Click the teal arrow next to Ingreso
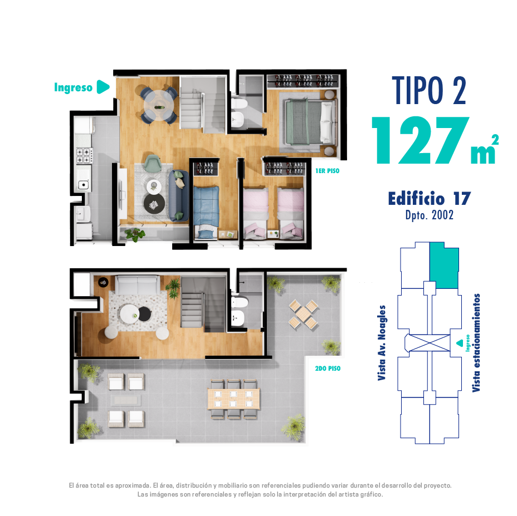click(103, 87)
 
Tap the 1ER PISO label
click(327, 171)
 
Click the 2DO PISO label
click(328, 368)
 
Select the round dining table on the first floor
click(159, 105)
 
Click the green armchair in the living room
click(152, 163)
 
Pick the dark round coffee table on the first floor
click(154, 204)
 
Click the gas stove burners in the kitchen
click(84, 155)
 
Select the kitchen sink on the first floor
click(83, 185)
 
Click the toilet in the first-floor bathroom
click(239, 104)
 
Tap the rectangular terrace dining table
click(233, 399)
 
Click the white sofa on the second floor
click(138, 286)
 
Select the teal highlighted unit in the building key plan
click(444, 266)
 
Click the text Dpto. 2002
click(430, 215)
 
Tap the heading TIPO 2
click(429, 90)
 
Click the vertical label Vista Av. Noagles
click(382, 343)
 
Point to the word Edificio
click(416, 198)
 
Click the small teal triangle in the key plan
click(460, 343)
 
